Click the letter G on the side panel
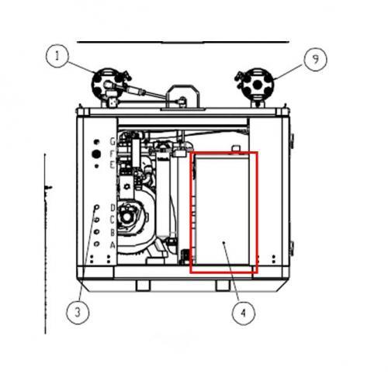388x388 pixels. [113, 141]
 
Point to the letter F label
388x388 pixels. [112, 154]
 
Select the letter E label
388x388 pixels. [113, 165]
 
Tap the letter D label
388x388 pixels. [113, 208]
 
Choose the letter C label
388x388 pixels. [113, 220]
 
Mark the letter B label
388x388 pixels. [113, 233]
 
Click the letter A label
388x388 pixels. [113, 244]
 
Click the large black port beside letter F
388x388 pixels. [96, 154]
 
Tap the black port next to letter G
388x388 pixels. [96, 142]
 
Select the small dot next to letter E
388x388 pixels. [97, 166]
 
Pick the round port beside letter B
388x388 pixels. [97, 232]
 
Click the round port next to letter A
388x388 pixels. [97, 244]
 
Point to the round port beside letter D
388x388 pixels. [97, 207]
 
